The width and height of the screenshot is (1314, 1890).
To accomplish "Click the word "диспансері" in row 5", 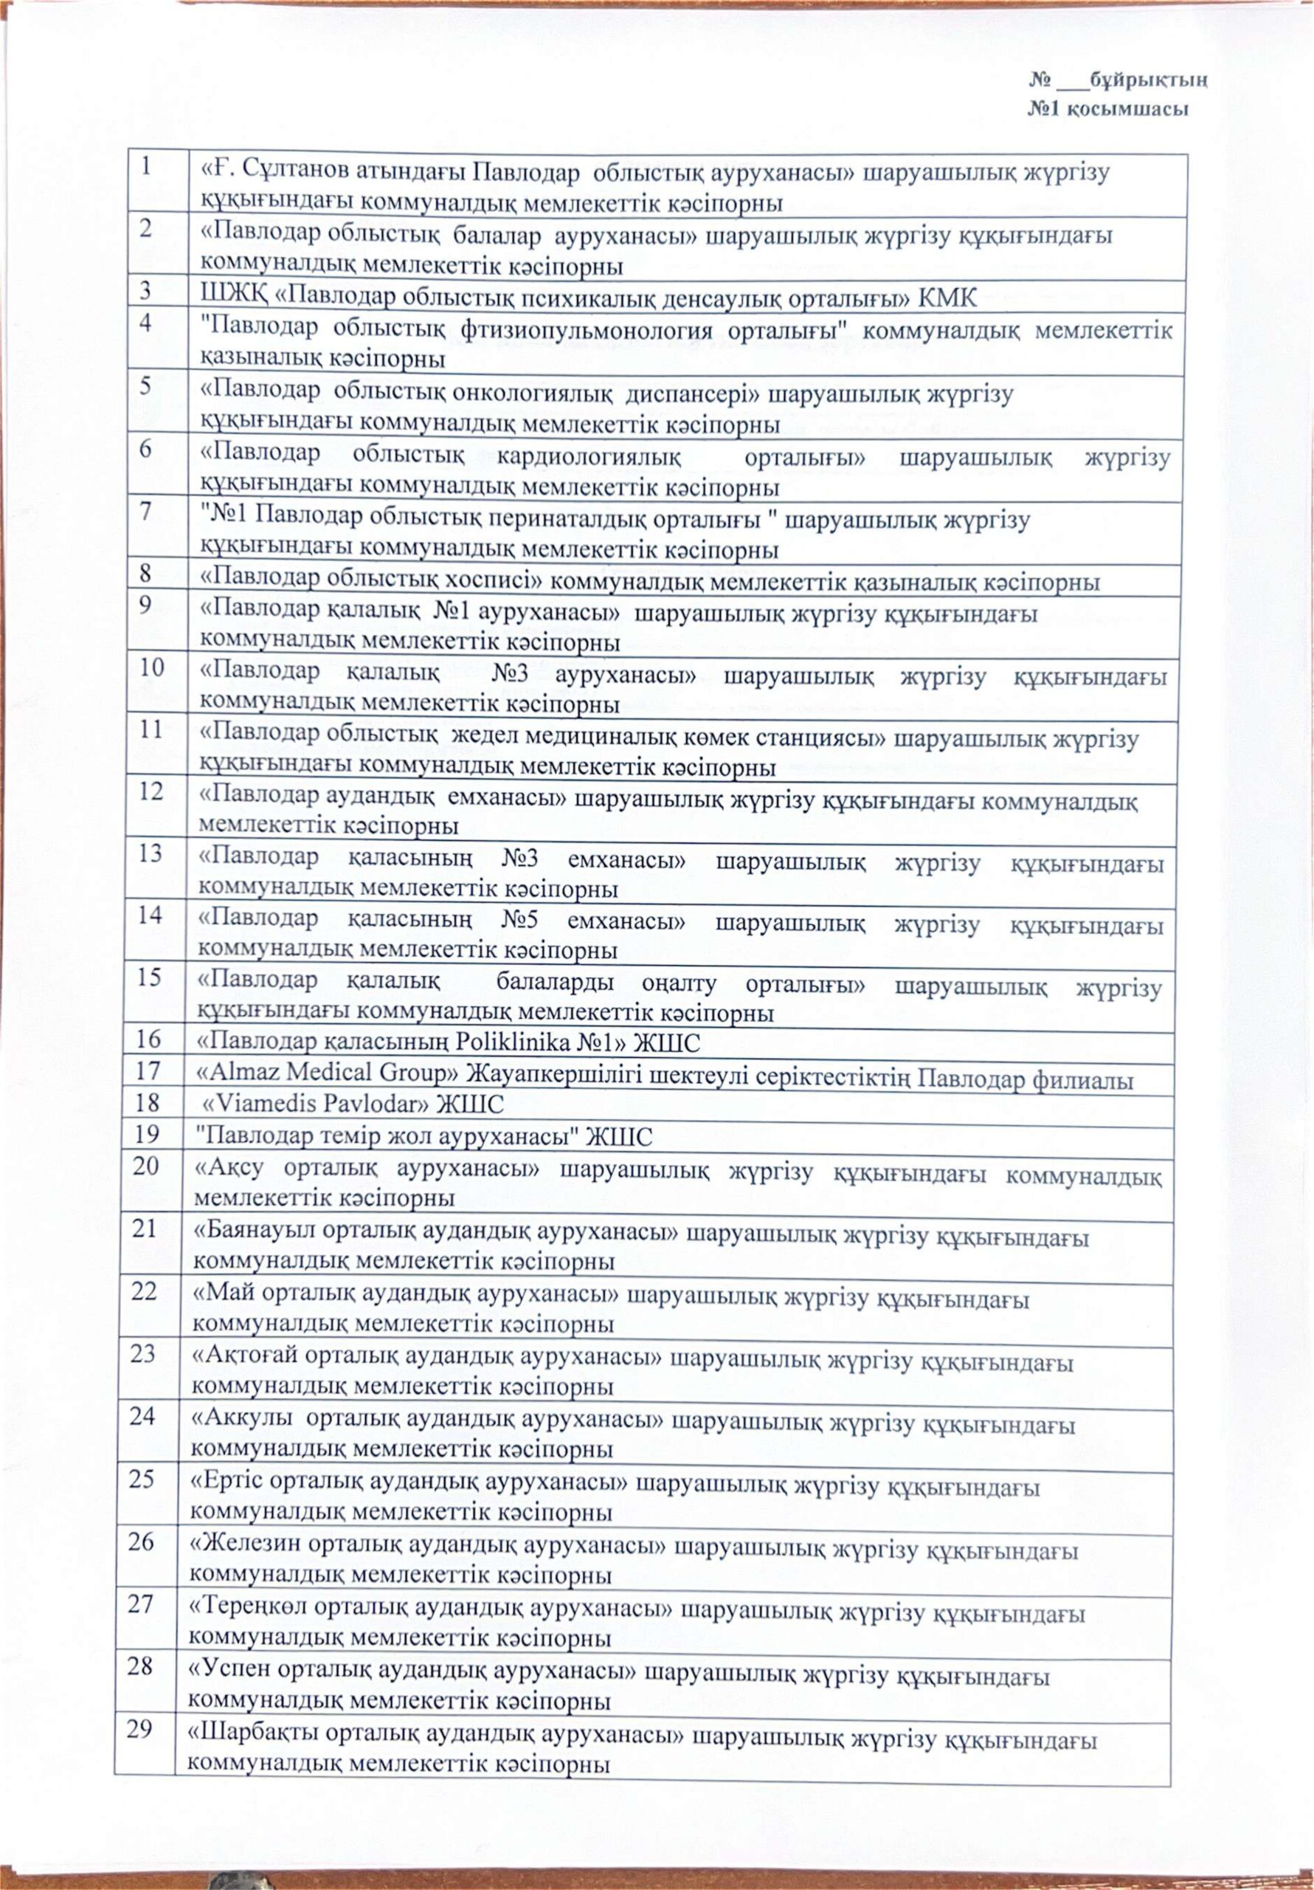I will (691, 394).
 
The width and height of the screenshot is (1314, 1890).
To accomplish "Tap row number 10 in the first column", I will (151, 667).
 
